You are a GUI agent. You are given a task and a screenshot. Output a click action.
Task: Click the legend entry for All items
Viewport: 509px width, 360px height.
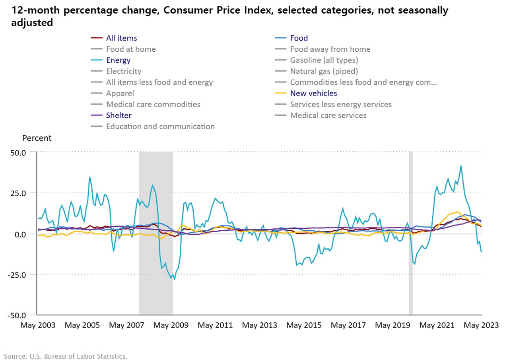coord(121,38)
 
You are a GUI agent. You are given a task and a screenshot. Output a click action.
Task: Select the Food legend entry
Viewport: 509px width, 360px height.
coord(299,38)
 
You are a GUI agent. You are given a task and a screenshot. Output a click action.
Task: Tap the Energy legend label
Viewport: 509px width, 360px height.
coord(118,60)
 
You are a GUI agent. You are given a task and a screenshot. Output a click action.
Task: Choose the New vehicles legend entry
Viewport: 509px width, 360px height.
coord(313,93)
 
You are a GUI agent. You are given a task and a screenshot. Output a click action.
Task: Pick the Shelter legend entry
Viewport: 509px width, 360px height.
coord(119,115)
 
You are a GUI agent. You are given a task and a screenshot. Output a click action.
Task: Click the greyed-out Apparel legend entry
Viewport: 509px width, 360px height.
coord(120,93)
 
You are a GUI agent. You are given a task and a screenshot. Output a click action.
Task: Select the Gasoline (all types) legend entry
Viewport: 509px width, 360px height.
coord(324,60)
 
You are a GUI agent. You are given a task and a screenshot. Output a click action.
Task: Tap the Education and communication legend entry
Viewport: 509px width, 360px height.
coord(160,126)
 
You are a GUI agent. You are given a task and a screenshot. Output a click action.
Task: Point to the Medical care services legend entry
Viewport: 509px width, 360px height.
coord(328,115)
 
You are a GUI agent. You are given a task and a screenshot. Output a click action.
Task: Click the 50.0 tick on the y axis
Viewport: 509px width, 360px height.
coord(17,152)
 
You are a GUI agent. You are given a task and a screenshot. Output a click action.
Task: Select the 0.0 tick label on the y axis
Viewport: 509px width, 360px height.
coord(20,234)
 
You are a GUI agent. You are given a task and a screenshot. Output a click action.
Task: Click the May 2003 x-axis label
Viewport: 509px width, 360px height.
coord(38,325)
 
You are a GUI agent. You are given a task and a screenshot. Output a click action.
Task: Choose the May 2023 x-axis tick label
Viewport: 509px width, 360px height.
coord(482,325)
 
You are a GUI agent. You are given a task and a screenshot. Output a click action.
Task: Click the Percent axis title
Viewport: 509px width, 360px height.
coord(37,138)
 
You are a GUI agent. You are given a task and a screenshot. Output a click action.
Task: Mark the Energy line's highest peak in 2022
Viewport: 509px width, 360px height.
coord(461,166)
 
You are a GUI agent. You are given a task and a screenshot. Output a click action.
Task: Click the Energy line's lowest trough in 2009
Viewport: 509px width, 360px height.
coord(174,279)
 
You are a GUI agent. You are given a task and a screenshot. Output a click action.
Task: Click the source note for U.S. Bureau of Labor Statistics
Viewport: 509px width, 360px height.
coord(66,356)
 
